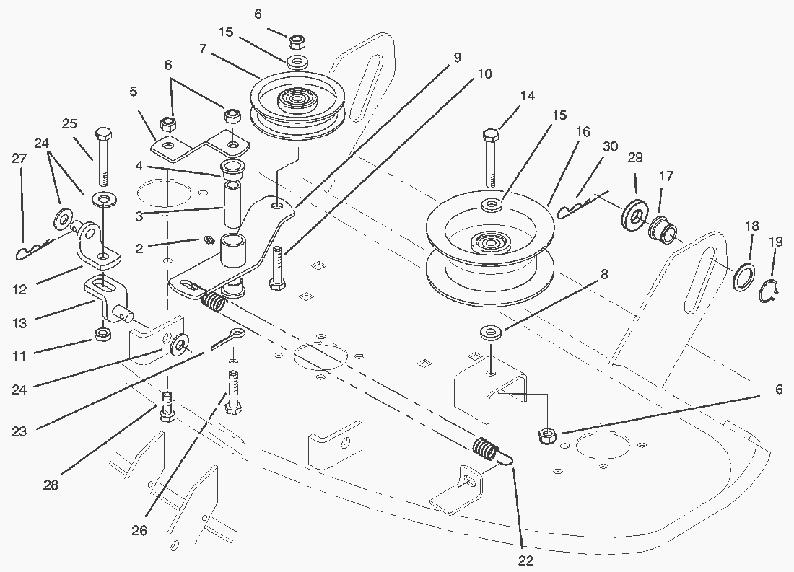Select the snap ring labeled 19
click(772, 291)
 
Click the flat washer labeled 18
click(743, 278)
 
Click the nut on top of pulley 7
click(296, 40)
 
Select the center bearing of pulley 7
click(295, 97)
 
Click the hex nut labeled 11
click(102, 335)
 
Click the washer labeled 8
click(492, 333)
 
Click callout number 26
click(139, 531)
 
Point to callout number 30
click(610, 146)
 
